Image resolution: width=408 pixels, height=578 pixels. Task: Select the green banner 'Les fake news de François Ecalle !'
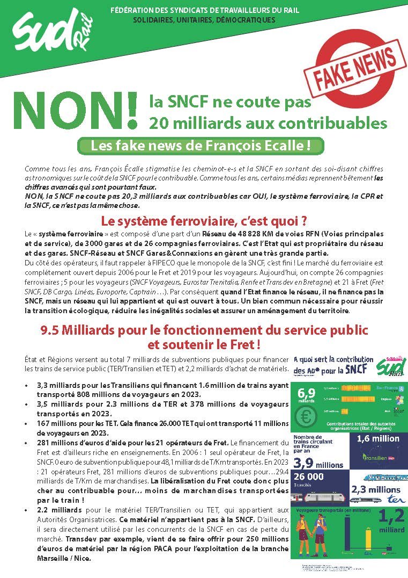201,146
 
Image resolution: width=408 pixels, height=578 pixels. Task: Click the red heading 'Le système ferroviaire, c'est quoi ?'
204,220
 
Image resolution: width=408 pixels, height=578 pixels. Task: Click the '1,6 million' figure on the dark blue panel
379,439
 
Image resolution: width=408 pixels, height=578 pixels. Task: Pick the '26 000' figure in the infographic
308,477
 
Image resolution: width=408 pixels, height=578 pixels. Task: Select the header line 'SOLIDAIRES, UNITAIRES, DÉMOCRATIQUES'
204,20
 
